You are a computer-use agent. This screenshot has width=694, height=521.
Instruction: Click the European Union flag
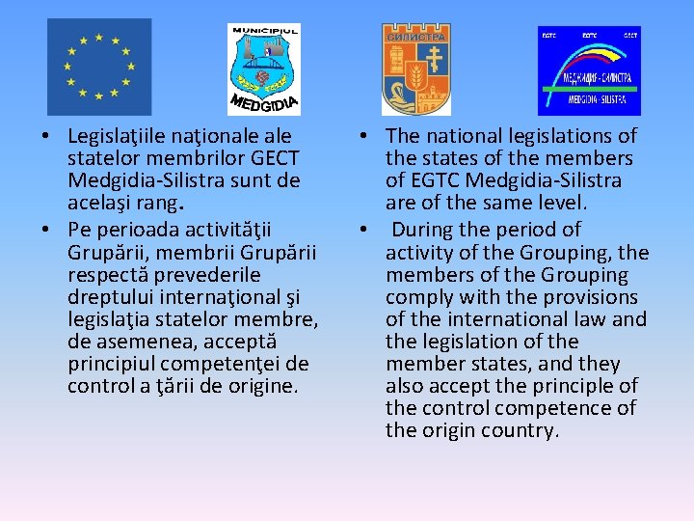point(99,68)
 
